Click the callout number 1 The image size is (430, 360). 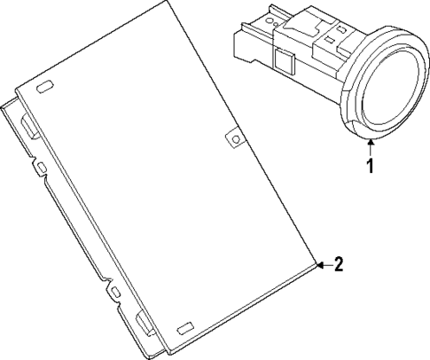[x=371, y=165]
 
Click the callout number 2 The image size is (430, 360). [x=338, y=263]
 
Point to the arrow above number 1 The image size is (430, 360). [x=371, y=145]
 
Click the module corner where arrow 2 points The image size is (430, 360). [x=317, y=263]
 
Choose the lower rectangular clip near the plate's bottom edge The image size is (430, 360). [x=143, y=322]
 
